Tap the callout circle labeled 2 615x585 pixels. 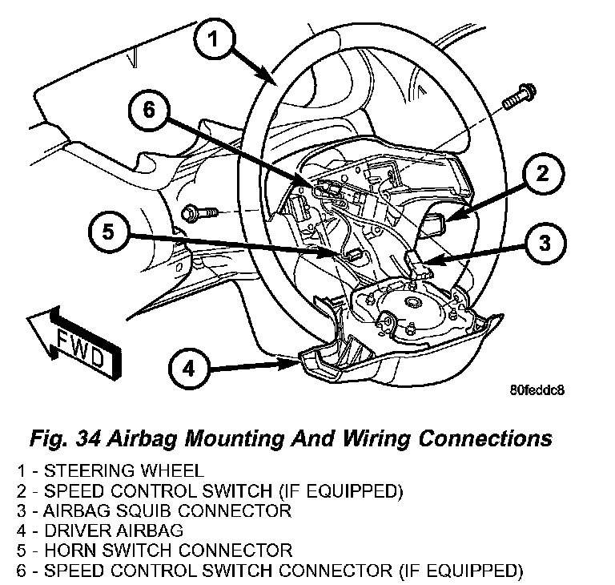(543, 173)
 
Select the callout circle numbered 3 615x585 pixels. (545, 244)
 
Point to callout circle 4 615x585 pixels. (189, 369)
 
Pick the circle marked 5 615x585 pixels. (109, 232)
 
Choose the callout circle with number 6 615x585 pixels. (150, 109)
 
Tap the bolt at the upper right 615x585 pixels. (519, 97)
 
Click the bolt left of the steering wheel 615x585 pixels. (199, 213)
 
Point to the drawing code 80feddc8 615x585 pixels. (537, 390)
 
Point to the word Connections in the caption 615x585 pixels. (485, 438)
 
